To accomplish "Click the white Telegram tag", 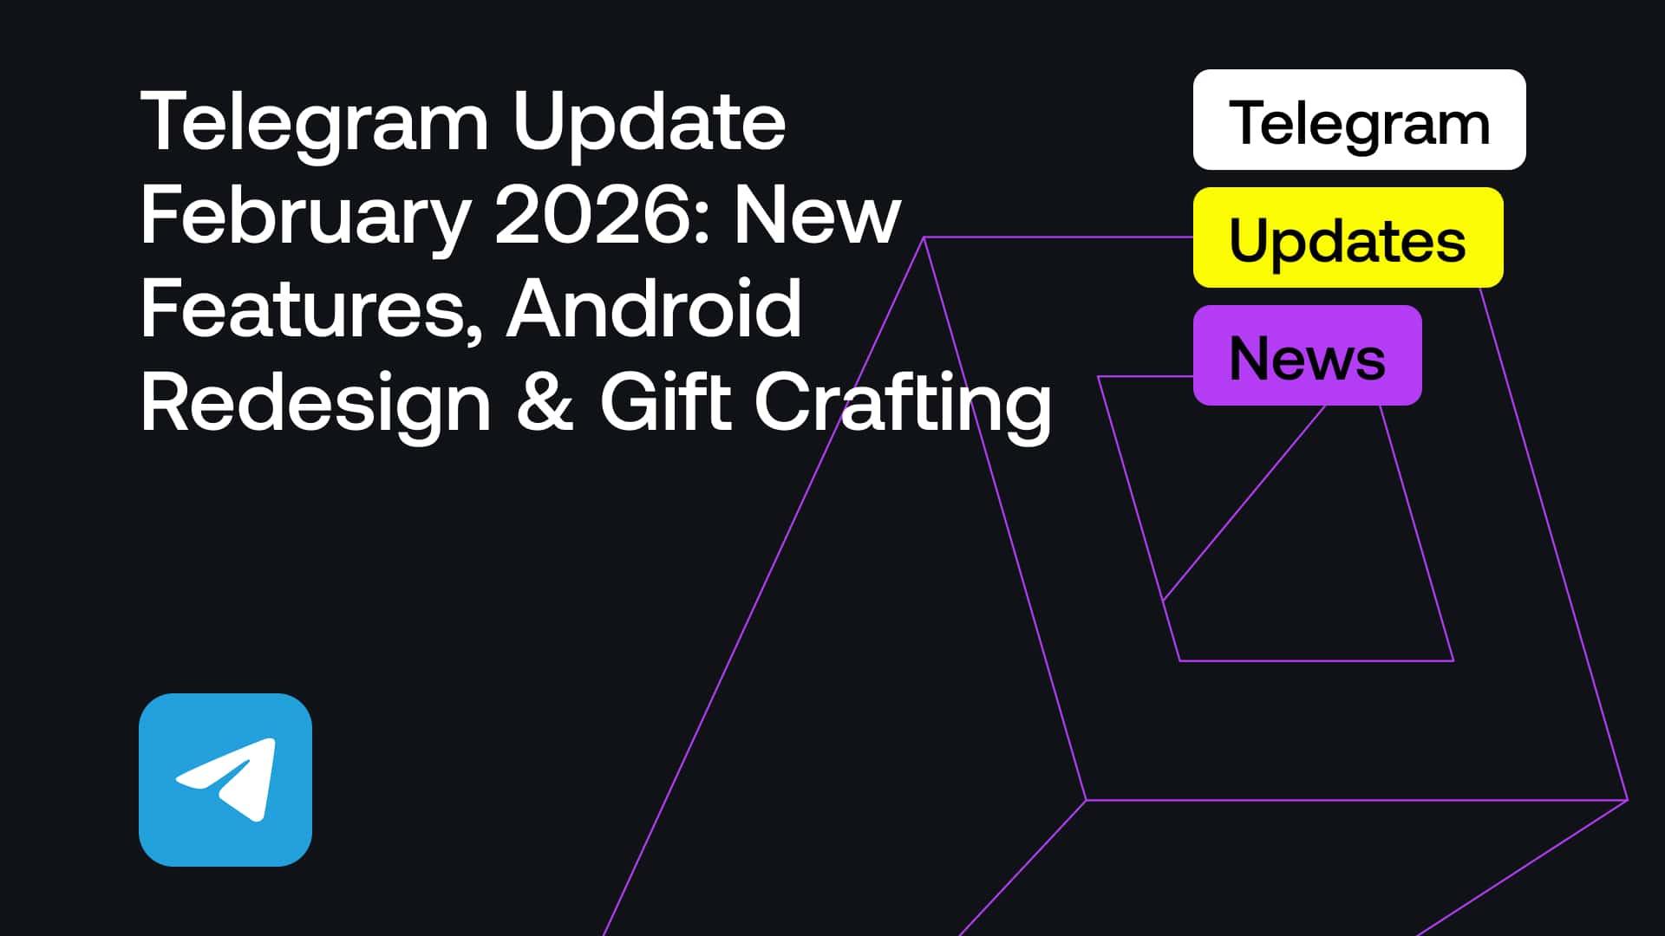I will pos(1359,120).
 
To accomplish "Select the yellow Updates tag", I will pos(1348,237).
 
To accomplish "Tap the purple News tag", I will pos(1307,355).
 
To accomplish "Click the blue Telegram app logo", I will pos(225,779).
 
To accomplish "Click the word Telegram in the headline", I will pos(314,124).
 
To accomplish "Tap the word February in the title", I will pos(305,217).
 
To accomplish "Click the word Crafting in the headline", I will pos(903,404).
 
